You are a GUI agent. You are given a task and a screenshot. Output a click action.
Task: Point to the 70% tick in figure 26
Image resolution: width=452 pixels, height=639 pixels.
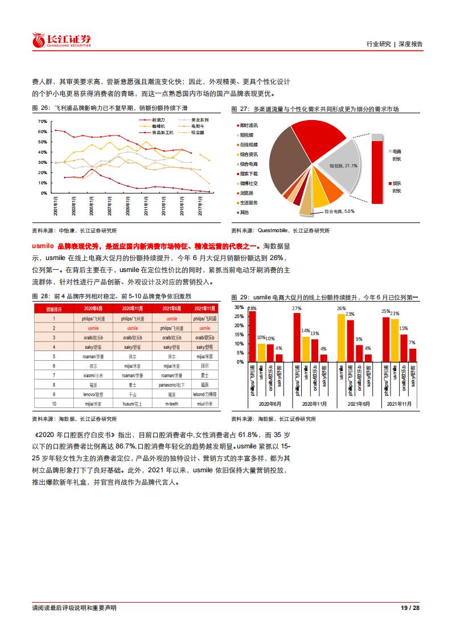pyautogui.click(x=43, y=121)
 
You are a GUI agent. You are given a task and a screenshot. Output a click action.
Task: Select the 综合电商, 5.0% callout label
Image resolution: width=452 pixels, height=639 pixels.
pyautogui.click(x=339, y=211)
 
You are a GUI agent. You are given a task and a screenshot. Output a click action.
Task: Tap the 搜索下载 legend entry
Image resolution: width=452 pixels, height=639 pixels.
pyautogui.click(x=248, y=173)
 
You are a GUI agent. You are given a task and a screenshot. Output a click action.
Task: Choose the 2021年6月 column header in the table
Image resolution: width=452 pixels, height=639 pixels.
pyautogui.click(x=173, y=308)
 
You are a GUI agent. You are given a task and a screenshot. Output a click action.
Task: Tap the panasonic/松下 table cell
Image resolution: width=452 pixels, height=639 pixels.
pyautogui.click(x=173, y=385)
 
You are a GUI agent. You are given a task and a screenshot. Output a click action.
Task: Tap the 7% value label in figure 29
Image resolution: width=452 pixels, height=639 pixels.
pyautogui.click(x=412, y=343)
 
